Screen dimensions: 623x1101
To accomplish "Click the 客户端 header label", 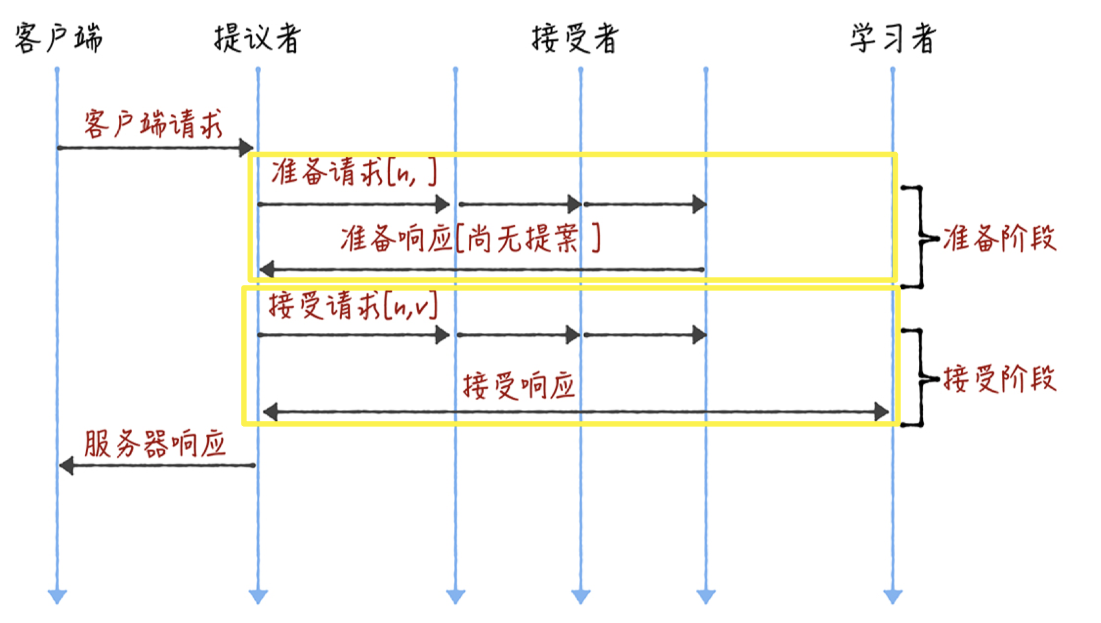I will click(58, 38).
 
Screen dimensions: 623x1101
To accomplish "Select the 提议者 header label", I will click(257, 38).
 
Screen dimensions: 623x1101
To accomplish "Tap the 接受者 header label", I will click(574, 38).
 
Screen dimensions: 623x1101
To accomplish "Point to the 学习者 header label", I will click(893, 38).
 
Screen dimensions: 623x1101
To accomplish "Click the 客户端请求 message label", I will click(153, 123).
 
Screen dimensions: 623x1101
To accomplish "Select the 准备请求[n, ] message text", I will click(354, 172).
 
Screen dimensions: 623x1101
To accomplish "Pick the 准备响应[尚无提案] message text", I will click(470, 239).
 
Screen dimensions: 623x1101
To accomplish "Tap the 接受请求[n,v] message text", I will click(353, 305).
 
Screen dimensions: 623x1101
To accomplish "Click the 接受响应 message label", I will click(519, 387).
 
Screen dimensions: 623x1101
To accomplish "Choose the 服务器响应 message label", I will click(155, 444).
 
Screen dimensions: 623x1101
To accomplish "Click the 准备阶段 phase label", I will click(999, 238).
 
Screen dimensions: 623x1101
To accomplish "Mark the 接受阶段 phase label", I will click(999, 378).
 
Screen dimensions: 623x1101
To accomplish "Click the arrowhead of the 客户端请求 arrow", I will click(246, 148).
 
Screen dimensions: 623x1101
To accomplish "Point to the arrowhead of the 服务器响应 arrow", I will click(67, 465).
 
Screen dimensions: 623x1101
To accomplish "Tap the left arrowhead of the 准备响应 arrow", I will click(266, 268).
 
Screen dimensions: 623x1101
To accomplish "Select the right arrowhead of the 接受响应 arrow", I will click(881, 411).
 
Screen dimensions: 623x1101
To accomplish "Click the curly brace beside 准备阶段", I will click(920, 237).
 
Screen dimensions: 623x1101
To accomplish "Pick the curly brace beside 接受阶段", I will click(920, 378).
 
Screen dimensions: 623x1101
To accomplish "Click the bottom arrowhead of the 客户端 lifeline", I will click(57, 596).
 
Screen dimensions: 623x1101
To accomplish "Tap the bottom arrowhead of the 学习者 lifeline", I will click(892, 596).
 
